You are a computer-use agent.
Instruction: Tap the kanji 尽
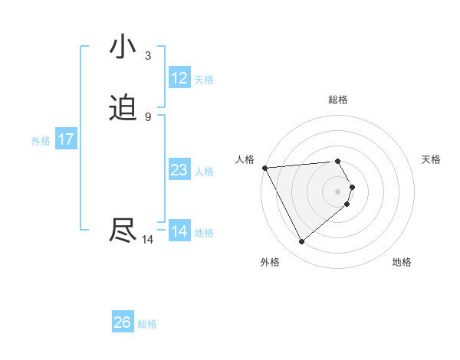[123, 231]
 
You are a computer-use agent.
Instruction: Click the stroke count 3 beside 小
[147, 56]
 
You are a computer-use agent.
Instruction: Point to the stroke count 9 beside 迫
[147, 117]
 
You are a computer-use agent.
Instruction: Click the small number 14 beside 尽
[147, 240]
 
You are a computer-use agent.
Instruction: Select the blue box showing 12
[179, 78]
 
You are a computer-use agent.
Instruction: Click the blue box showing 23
[179, 170]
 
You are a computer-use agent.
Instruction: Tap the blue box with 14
[179, 231]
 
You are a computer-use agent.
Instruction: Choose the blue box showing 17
[66, 139]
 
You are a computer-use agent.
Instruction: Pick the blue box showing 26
[123, 322]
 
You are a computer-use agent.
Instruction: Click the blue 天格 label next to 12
[204, 80]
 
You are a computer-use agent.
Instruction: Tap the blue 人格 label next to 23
[204, 172]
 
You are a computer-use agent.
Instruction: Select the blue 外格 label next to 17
[41, 141]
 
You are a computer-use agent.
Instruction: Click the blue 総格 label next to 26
[147, 324]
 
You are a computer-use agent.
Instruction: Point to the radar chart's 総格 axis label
[338, 100]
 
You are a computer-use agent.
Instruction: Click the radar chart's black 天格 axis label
[432, 159]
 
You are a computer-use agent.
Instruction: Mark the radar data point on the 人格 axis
[264, 168]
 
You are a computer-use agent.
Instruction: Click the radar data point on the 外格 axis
[301, 242]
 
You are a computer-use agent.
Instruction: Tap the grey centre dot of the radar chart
[338, 191]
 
